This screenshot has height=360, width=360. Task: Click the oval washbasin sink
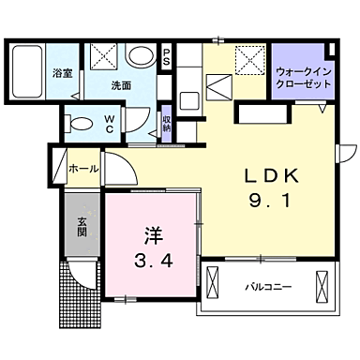click(140, 57)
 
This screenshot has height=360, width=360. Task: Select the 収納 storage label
click(166, 123)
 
